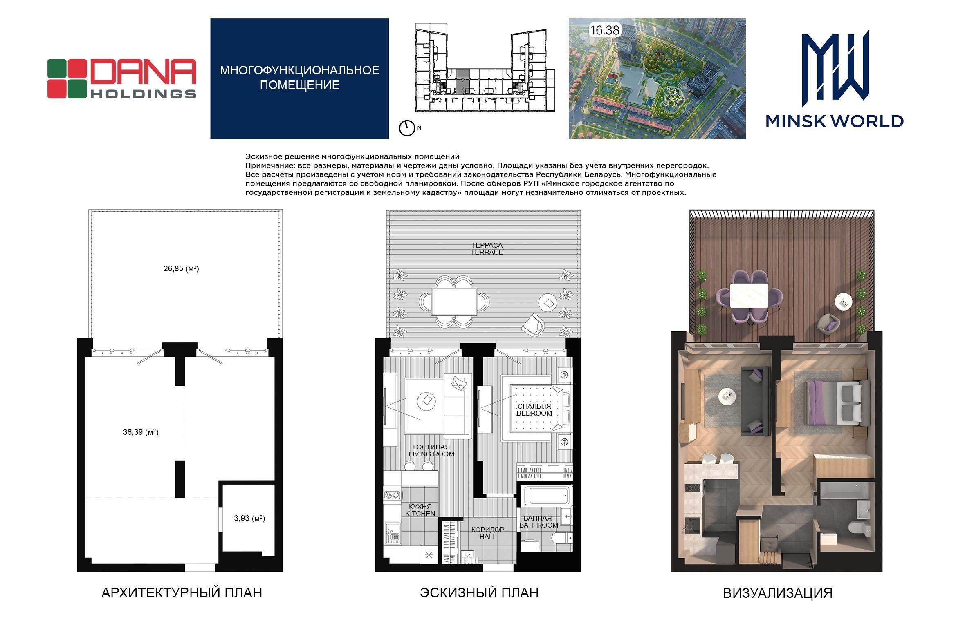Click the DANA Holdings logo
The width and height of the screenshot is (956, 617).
122,79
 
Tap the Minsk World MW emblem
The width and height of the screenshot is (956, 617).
835,67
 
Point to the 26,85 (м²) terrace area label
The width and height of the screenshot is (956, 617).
181,269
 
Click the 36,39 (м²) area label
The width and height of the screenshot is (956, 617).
141,432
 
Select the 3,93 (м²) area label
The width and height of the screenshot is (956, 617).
249,518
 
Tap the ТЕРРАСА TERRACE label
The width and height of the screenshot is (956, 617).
487,248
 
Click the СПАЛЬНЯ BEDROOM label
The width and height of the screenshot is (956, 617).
534,409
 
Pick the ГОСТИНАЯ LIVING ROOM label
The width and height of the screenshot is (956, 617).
431,450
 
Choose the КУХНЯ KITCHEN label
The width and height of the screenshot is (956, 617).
420,510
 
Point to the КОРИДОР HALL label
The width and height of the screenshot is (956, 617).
488,533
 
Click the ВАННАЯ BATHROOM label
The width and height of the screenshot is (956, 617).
539,521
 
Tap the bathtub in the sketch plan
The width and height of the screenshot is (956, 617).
546,496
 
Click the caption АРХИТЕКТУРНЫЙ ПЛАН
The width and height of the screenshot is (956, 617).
182,592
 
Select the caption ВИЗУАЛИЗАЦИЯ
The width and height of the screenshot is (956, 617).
778,593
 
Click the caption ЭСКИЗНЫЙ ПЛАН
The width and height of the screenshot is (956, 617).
479,592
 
